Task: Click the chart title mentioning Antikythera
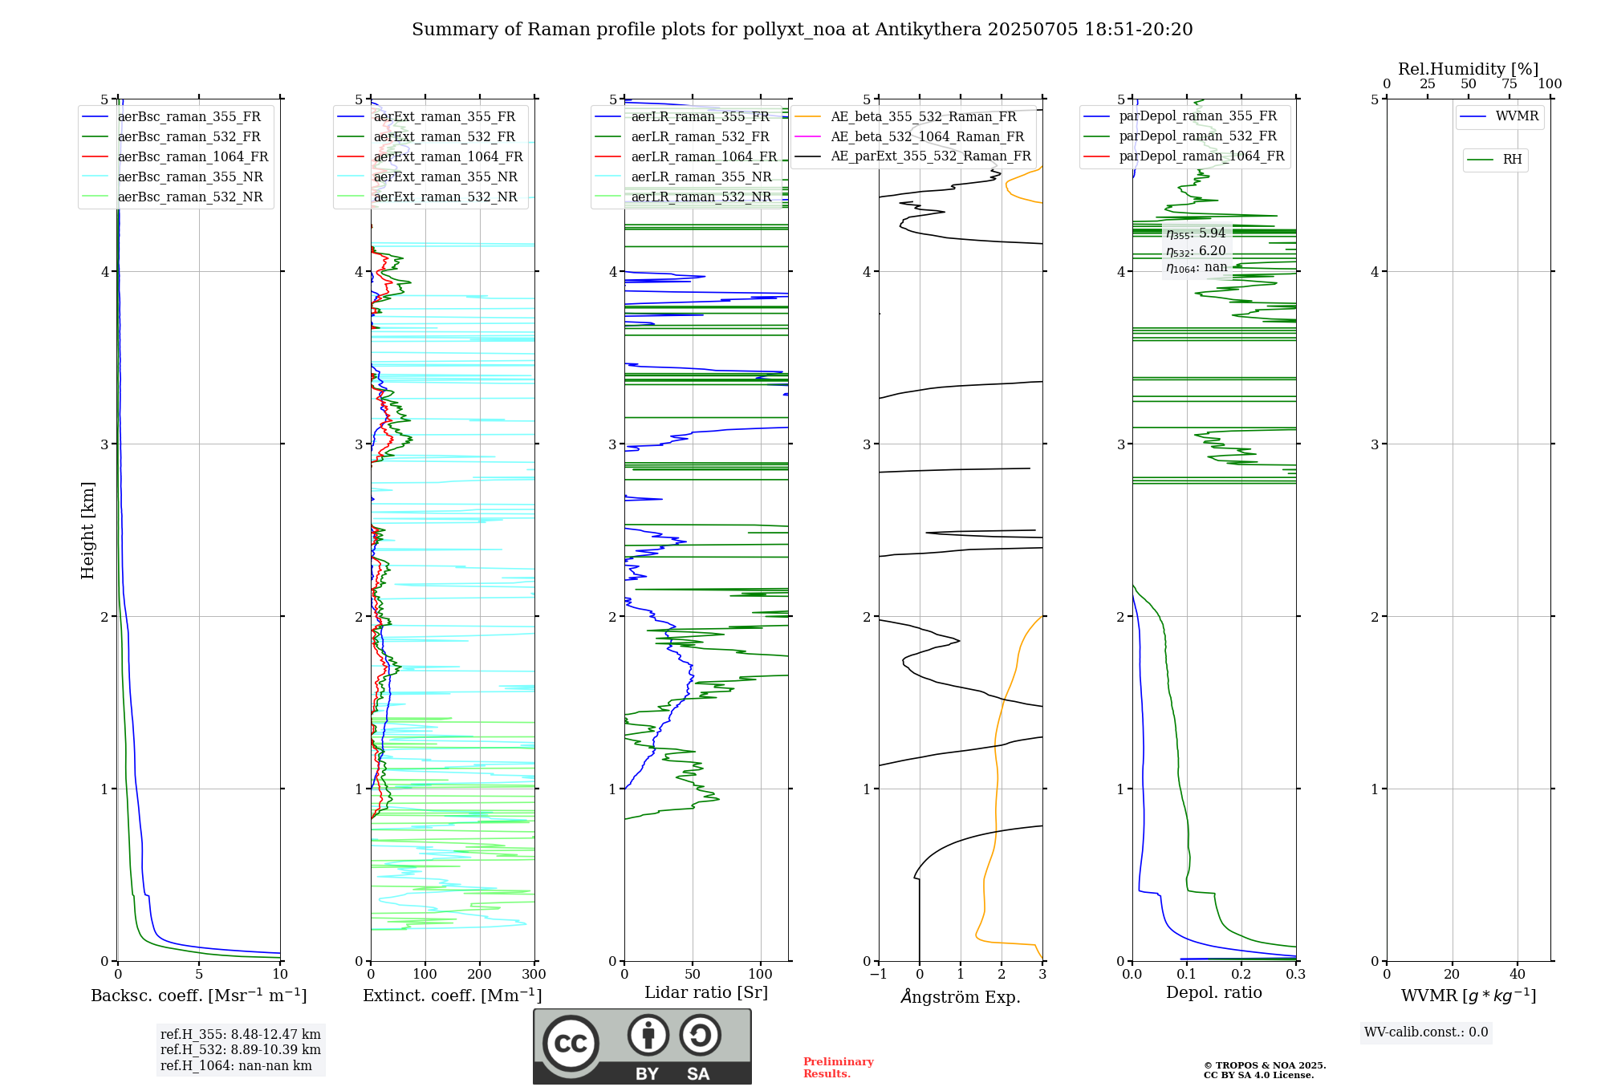pos(802,30)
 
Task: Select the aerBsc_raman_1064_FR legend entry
pos(193,156)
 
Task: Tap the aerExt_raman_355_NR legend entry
pos(445,176)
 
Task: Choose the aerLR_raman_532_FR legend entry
pos(700,136)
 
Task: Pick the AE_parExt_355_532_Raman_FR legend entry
pos(930,156)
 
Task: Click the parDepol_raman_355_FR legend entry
pos(1197,116)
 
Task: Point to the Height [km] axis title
pos(87,530)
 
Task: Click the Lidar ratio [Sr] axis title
pos(706,992)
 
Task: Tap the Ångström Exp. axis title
pos(961,996)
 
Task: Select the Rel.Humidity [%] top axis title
pos(1468,69)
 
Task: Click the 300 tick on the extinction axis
pos(534,974)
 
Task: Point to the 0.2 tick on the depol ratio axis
pos(1241,974)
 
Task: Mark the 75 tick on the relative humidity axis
pos(1510,84)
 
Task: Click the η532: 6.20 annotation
pos(1196,250)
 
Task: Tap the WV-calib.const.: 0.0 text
pos(1426,1032)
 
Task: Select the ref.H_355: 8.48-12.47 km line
pos(240,1034)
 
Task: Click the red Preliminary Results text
pos(838,1067)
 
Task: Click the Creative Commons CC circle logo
pos(571,1044)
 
